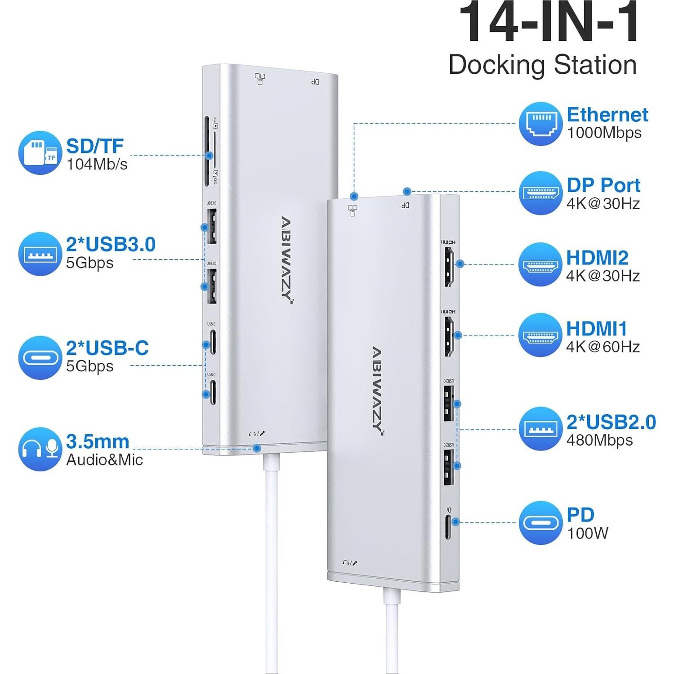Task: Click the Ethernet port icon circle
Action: (540, 123)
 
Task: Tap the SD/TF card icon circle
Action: (40, 152)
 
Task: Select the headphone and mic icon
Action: (40, 449)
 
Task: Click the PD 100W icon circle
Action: (540, 522)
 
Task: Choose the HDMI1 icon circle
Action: (540, 335)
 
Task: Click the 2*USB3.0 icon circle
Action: (40, 254)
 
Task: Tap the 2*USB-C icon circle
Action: (40, 357)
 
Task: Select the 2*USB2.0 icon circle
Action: (540, 429)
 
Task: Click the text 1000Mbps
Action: (604, 133)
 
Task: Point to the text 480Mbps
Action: (599, 440)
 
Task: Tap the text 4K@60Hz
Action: (603, 347)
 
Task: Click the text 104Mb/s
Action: (97, 164)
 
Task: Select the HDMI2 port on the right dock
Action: (449, 267)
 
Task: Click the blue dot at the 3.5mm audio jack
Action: (257, 448)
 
